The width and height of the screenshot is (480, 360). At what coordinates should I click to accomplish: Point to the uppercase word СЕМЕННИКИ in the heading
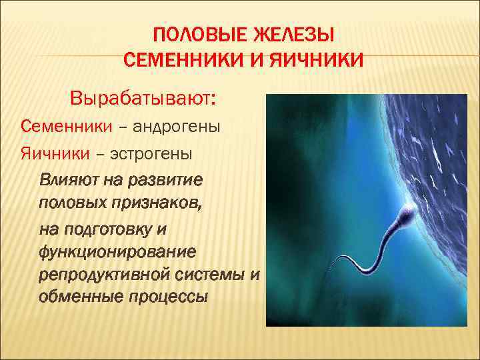point(174,61)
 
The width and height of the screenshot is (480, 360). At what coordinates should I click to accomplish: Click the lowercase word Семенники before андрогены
point(57,127)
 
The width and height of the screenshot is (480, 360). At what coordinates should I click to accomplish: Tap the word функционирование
point(118,253)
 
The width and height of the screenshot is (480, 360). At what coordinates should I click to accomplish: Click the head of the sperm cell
point(409,213)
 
